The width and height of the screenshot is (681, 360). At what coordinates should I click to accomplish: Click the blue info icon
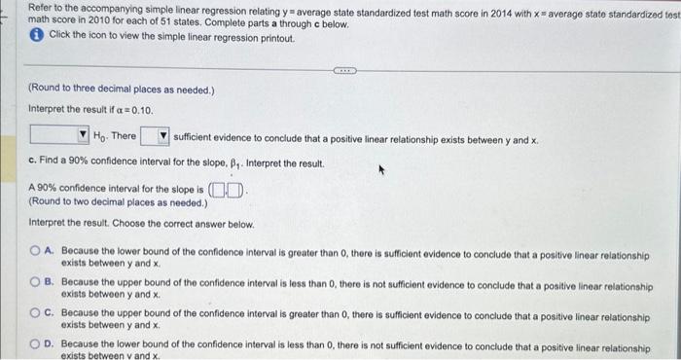35,34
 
